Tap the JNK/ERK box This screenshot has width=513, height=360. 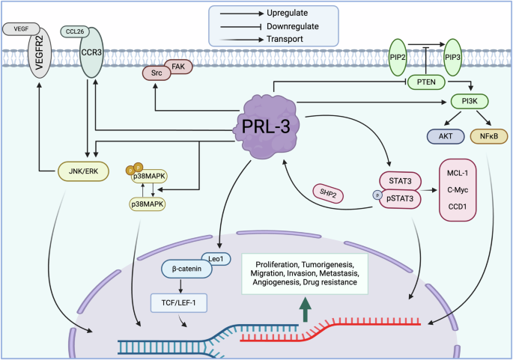[82, 171]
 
